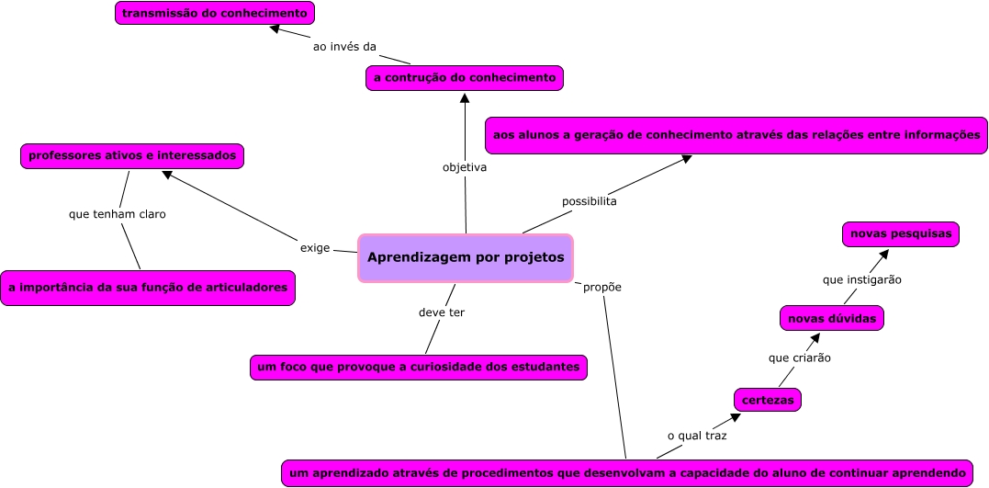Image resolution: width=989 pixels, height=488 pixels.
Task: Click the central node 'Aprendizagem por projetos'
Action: (x=466, y=257)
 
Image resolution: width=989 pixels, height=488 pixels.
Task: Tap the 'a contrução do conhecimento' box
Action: (x=464, y=78)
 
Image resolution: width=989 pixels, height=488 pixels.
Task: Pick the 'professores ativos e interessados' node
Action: (x=132, y=156)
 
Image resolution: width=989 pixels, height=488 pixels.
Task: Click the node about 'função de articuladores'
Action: (x=148, y=288)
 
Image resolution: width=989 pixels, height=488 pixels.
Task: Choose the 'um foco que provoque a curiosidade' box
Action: (x=418, y=368)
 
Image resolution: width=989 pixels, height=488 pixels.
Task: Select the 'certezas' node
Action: (x=768, y=400)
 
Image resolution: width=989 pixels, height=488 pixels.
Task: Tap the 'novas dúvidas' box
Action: (x=832, y=319)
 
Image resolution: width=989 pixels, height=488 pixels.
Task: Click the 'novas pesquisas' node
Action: (x=901, y=234)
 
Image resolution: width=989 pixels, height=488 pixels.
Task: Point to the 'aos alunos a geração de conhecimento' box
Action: (x=736, y=135)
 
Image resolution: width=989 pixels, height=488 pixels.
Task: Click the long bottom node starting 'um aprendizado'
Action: (x=626, y=473)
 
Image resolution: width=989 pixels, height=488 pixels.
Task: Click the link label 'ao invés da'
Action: (x=344, y=47)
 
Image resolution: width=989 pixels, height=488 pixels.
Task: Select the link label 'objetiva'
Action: (x=464, y=168)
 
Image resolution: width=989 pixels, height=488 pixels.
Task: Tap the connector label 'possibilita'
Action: (x=589, y=200)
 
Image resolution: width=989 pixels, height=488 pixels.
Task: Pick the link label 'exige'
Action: (x=315, y=248)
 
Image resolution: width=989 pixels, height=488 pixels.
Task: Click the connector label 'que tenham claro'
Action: (x=117, y=214)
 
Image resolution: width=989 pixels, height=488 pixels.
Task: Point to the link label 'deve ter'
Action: (x=441, y=312)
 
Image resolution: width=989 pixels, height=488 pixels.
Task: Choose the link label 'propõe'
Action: (x=602, y=287)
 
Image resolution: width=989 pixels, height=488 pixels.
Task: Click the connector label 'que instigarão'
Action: (x=861, y=278)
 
